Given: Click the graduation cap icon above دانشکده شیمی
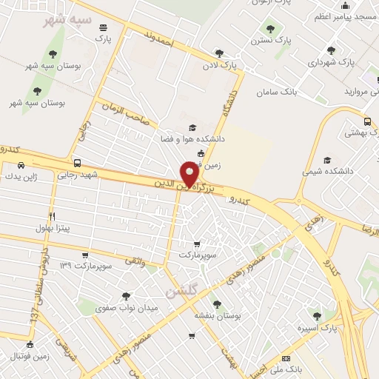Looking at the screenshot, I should tap(326, 160).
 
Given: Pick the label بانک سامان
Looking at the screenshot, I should tap(276, 93).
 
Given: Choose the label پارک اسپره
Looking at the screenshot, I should tap(317, 326).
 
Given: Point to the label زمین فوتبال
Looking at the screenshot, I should tap(30, 355).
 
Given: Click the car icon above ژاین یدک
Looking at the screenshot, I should tap(20, 165).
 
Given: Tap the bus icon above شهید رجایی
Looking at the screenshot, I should tap(77, 162).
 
